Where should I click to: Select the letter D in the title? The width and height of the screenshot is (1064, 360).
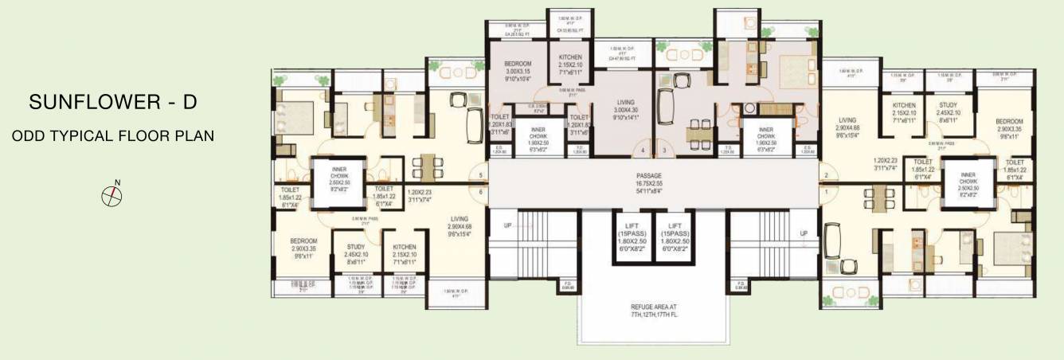coord(190,104)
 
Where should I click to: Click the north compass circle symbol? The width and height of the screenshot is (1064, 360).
coord(111,194)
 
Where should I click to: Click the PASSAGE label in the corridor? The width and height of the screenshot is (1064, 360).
coord(649,174)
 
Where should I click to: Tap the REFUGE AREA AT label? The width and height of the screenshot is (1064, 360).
coord(654,306)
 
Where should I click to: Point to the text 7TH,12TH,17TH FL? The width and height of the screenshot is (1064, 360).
coord(654,315)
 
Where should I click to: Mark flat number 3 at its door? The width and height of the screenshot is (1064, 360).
coord(663,150)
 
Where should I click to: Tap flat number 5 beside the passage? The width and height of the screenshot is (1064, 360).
coord(481,175)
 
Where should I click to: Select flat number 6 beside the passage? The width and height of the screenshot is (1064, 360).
coord(481,191)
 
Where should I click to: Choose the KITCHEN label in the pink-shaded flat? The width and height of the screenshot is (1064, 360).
coord(570,57)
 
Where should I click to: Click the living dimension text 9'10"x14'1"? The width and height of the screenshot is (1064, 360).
coord(625,117)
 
